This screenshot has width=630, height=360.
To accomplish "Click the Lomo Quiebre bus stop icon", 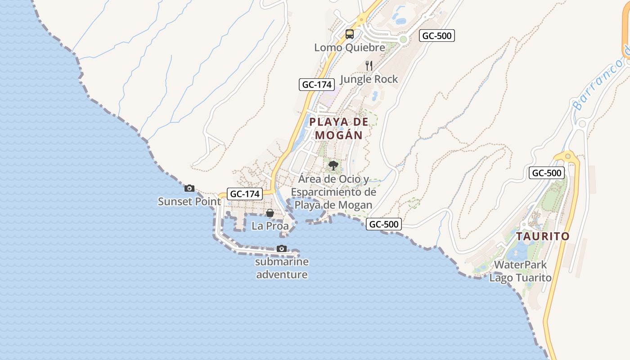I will pyautogui.click(x=350, y=34).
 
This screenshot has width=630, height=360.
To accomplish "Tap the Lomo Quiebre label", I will pyautogui.click(x=350, y=47).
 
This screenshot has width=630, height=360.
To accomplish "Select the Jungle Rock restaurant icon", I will pyautogui.click(x=369, y=66).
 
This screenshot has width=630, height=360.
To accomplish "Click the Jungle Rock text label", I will pyautogui.click(x=369, y=79).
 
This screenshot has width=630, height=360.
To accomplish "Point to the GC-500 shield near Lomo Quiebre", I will pyautogui.click(x=436, y=36).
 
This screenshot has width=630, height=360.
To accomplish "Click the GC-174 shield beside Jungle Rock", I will pyautogui.click(x=316, y=85).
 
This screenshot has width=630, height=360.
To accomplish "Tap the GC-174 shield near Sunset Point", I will pyautogui.click(x=244, y=194).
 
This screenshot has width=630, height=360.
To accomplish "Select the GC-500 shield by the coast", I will pyautogui.click(x=383, y=224).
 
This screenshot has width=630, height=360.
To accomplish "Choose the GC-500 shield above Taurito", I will pyautogui.click(x=546, y=173).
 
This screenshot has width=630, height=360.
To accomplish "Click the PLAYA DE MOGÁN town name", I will pyautogui.click(x=339, y=128).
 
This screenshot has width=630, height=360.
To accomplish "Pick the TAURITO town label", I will pyautogui.click(x=543, y=236).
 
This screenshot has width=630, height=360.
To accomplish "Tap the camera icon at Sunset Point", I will pyautogui.click(x=189, y=188).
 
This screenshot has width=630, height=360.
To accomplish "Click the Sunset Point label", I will pyautogui.click(x=189, y=201).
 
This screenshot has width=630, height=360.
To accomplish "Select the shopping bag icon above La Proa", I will pyautogui.click(x=270, y=213).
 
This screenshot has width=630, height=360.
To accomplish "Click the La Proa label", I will pyautogui.click(x=270, y=226).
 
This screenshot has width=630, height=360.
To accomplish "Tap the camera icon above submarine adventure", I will pyautogui.click(x=282, y=248).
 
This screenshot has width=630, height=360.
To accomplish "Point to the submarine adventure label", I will pyautogui.click(x=282, y=268).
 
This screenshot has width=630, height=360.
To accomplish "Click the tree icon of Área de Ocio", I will pyautogui.click(x=333, y=166).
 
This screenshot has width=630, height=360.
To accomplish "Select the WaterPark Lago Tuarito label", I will pyautogui.click(x=520, y=271).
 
